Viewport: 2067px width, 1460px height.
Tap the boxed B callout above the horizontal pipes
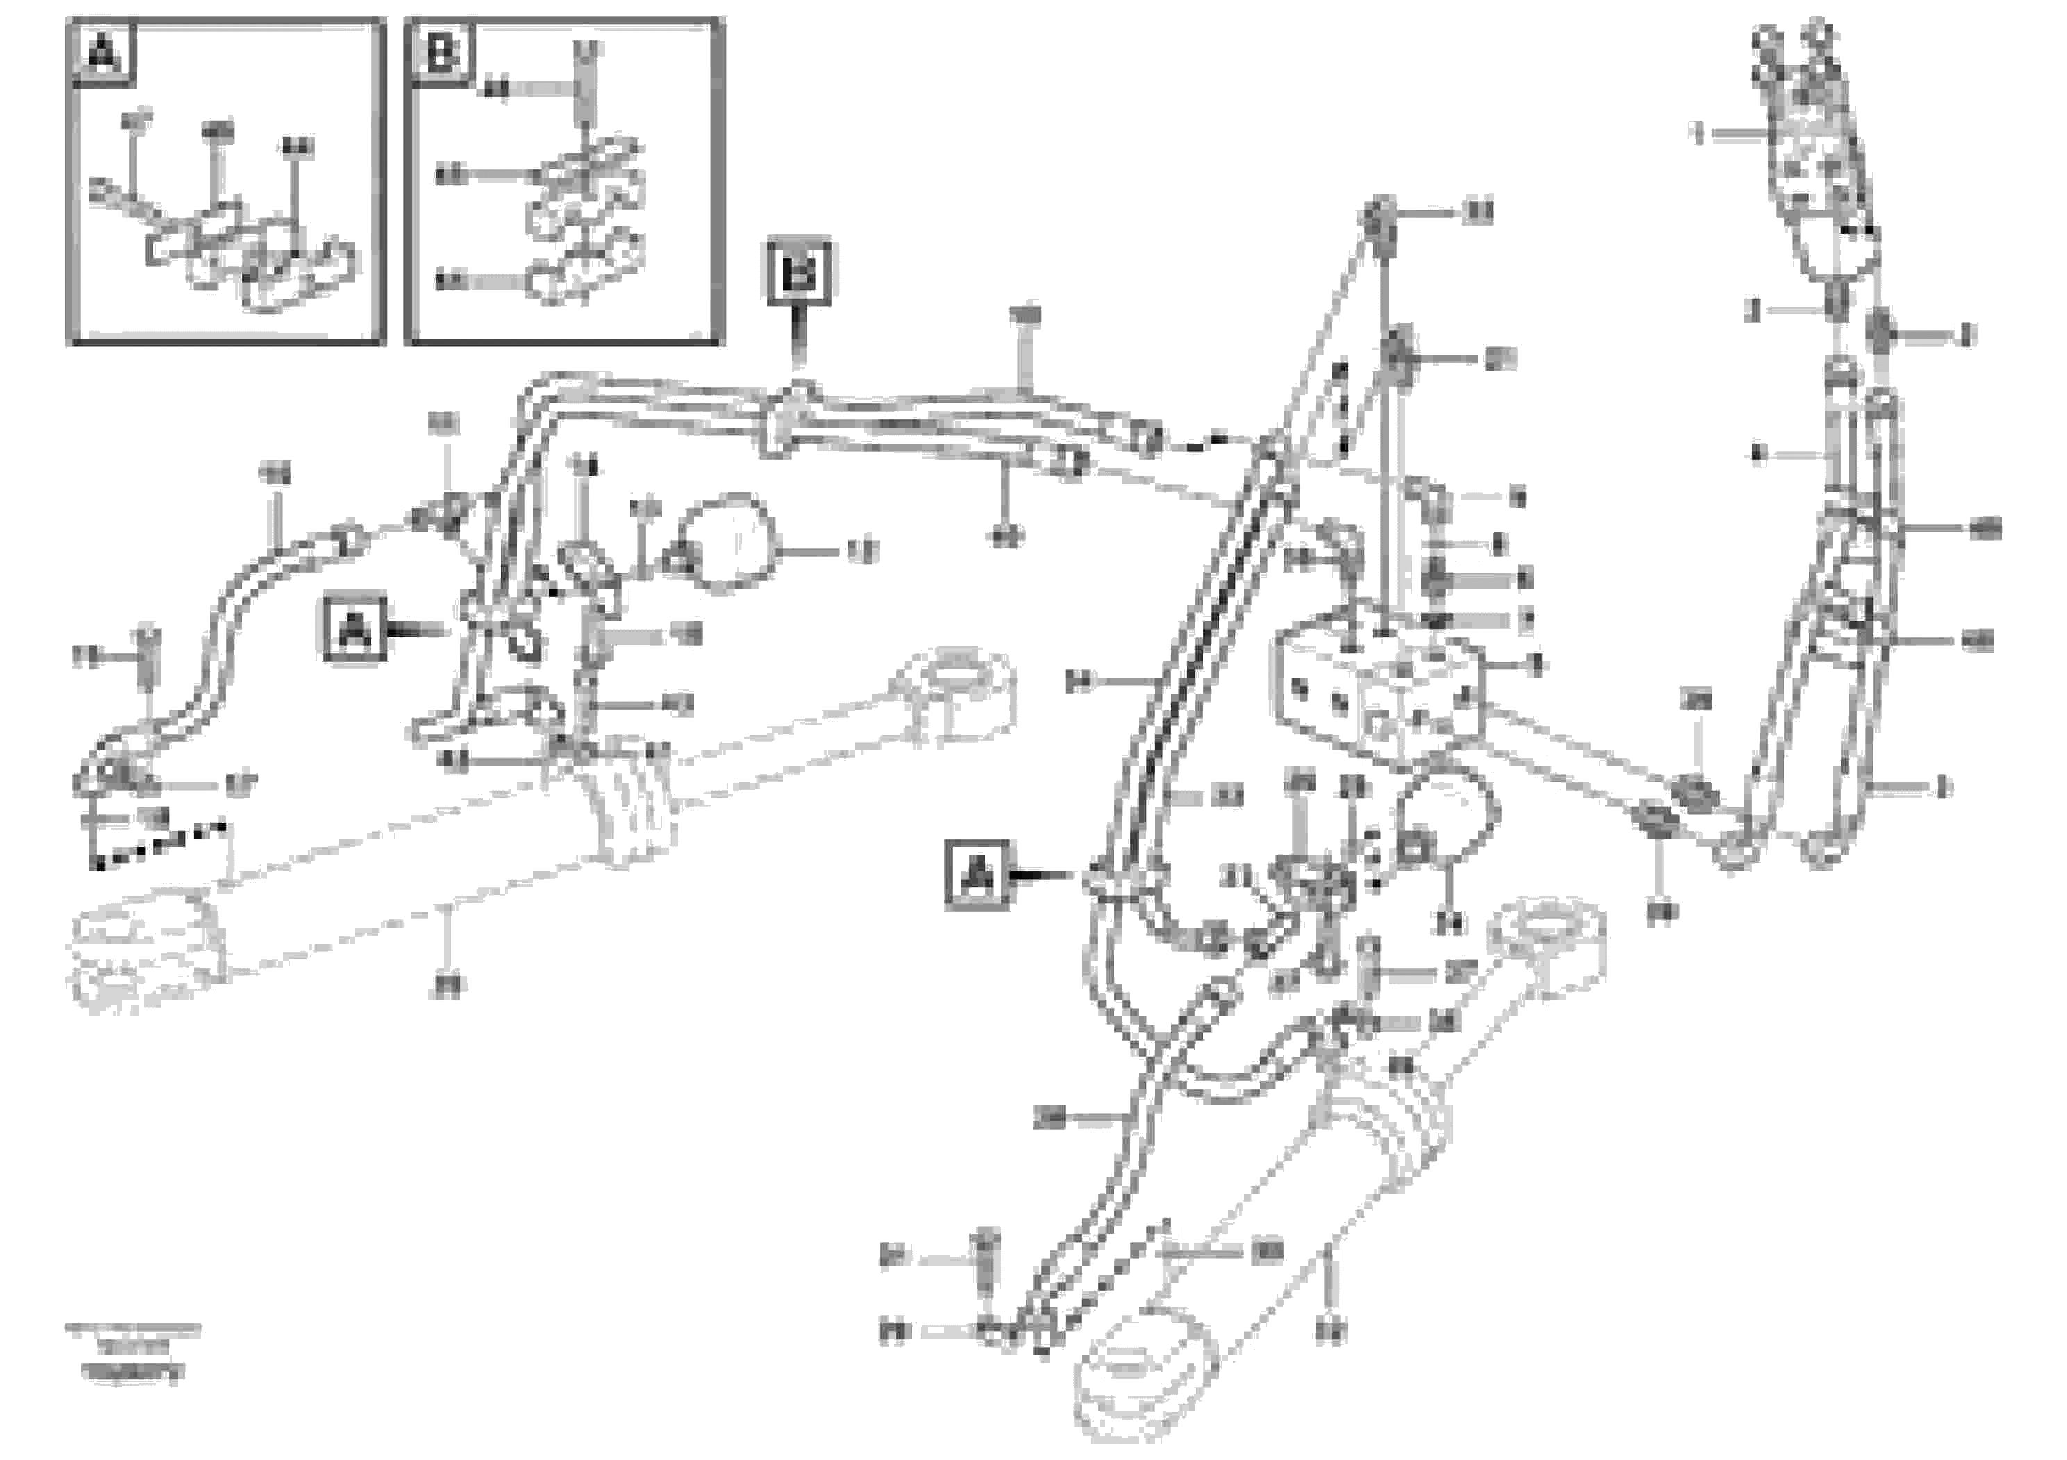coord(798,273)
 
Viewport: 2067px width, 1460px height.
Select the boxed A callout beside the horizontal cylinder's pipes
coord(355,629)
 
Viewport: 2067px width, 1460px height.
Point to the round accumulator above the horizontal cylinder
coord(728,543)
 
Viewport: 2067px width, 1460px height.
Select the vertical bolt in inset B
coord(586,85)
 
